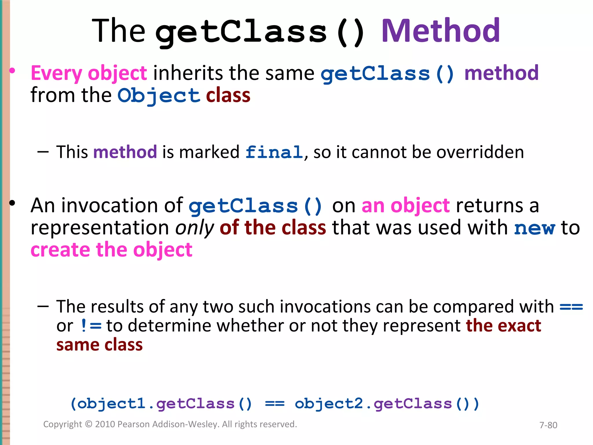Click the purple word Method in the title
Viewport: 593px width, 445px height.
click(440, 31)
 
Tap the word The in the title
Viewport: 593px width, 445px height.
click(118, 31)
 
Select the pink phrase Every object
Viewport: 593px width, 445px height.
click(89, 73)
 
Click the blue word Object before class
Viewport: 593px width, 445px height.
click(159, 96)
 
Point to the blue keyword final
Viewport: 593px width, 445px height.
click(274, 152)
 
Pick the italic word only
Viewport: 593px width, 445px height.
click(195, 228)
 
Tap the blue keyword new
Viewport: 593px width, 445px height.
click(535, 228)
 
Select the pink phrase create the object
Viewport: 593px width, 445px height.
click(111, 250)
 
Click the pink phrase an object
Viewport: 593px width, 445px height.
click(406, 206)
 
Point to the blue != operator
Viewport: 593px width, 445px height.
click(91, 326)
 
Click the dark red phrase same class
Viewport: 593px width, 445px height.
click(99, 345)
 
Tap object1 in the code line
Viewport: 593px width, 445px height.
click(111, 404)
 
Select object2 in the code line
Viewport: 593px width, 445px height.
click(329, 404)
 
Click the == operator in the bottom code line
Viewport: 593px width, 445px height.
click(275, 404)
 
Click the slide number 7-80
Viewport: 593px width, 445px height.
click(548, 425)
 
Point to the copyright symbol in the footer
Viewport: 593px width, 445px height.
click(89, 424)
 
